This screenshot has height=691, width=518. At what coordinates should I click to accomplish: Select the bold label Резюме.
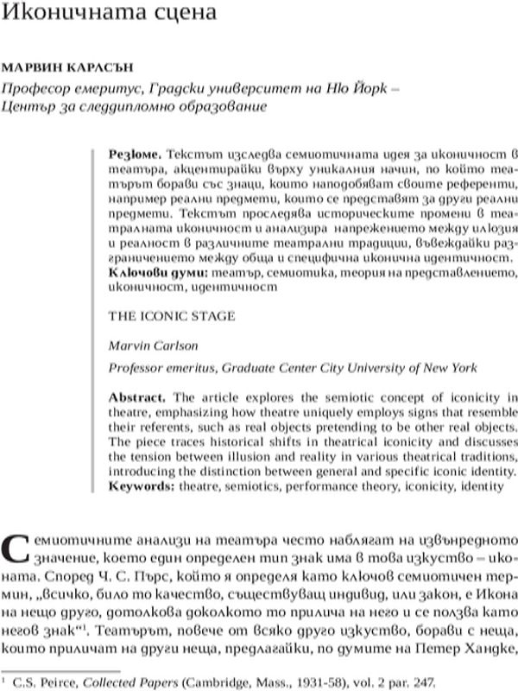tap(133, 153)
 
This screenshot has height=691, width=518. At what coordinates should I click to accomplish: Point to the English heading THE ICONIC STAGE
tap(171, 316)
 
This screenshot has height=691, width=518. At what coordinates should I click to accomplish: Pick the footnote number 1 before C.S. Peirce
tap(5, 681)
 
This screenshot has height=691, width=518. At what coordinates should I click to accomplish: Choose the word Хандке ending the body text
tap(490, 649)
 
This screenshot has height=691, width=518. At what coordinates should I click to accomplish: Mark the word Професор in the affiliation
tap(34, 87)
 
